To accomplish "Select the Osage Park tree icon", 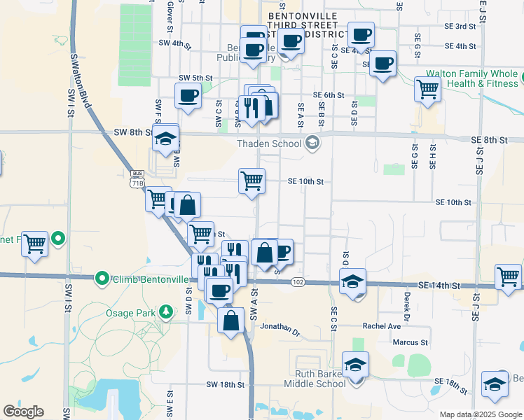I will point(166,311).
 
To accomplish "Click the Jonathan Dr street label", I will point(280,326).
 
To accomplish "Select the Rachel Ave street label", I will point(381,326).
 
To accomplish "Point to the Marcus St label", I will point(410,342).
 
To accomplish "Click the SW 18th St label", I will point(226,385).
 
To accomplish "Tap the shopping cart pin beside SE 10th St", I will point(251,181).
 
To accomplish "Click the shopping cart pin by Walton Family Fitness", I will point(427,88).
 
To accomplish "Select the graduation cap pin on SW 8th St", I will point(166,138).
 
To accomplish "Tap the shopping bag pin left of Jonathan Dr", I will point(231,321).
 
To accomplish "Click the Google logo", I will point(24,412).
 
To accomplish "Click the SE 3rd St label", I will point(464,27).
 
